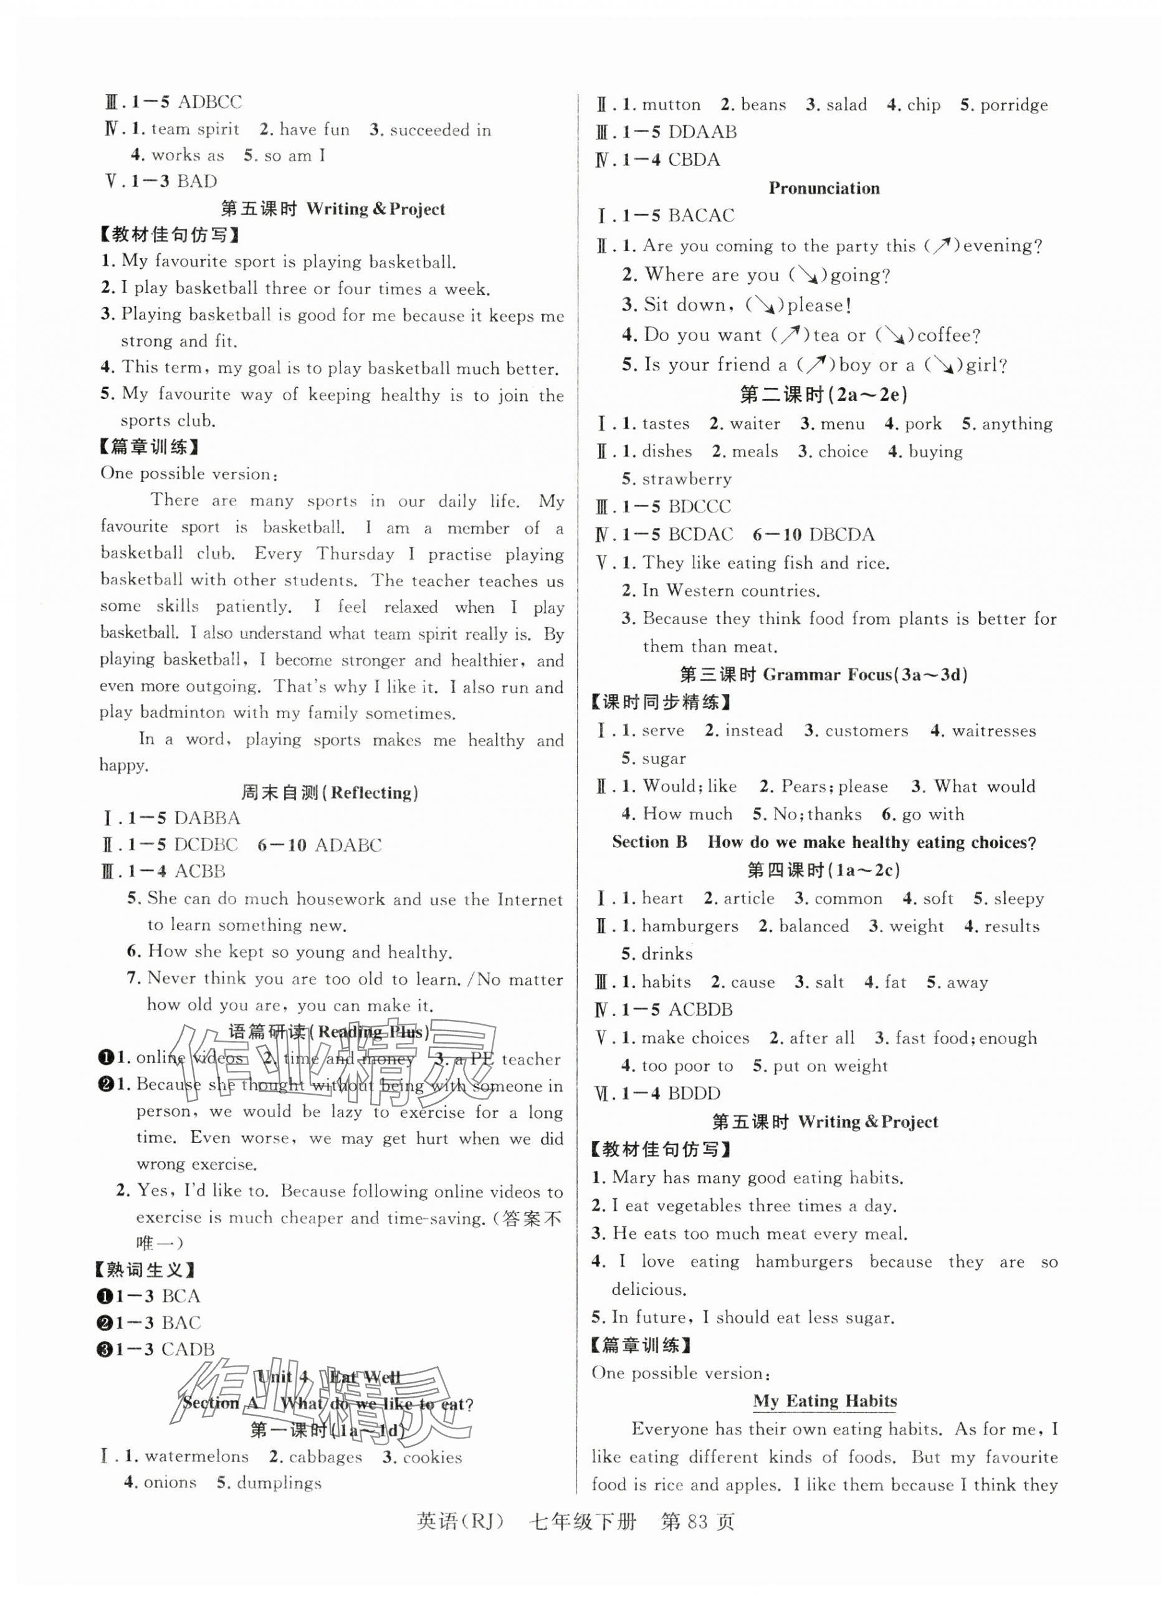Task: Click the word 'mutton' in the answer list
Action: tap(671, 105)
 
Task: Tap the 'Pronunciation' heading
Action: tap(824, 188)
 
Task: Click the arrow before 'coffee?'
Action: tap(896, 335)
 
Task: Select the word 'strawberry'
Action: tap(686, 479)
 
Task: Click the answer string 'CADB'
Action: tap(187, 1349)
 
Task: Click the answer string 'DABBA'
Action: tap(207, 818)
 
